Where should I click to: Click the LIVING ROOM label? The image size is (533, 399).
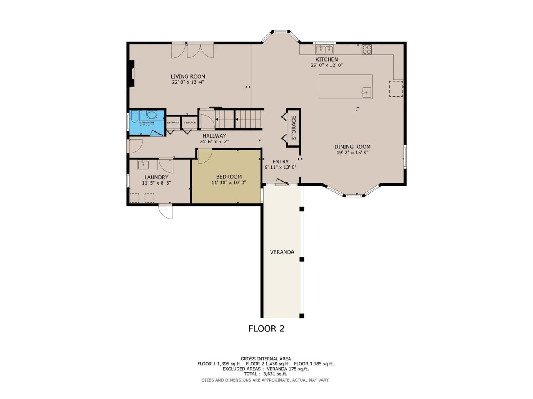[188, 76]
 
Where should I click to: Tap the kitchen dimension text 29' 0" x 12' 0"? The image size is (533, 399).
[326, 65]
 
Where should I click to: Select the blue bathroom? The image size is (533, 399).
[147, 123]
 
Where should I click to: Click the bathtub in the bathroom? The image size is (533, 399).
[152, 115]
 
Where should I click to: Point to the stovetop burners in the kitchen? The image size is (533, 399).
[367, 49]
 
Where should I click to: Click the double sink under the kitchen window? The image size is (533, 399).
[325, 49]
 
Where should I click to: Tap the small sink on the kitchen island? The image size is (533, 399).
[366, 92]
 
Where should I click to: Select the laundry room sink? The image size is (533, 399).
[143, 165]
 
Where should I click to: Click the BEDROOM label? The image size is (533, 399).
[229, 177]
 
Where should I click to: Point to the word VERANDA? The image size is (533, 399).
[282, 252]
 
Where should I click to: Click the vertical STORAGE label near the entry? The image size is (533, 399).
[294, 128]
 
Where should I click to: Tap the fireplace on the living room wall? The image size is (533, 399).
[131, 74]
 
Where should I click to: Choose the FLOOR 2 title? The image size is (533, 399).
[266, 329]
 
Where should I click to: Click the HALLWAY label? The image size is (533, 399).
[214, 136]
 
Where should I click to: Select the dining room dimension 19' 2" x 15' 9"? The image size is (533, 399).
[353, 153]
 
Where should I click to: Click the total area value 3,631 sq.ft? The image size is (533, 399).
[275, 374]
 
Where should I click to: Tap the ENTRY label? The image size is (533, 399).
[281, 162]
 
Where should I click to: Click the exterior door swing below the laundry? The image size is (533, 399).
[165, 212]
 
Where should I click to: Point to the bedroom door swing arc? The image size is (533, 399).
[205, 157]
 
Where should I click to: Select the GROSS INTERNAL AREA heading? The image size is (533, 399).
[266, 359]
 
